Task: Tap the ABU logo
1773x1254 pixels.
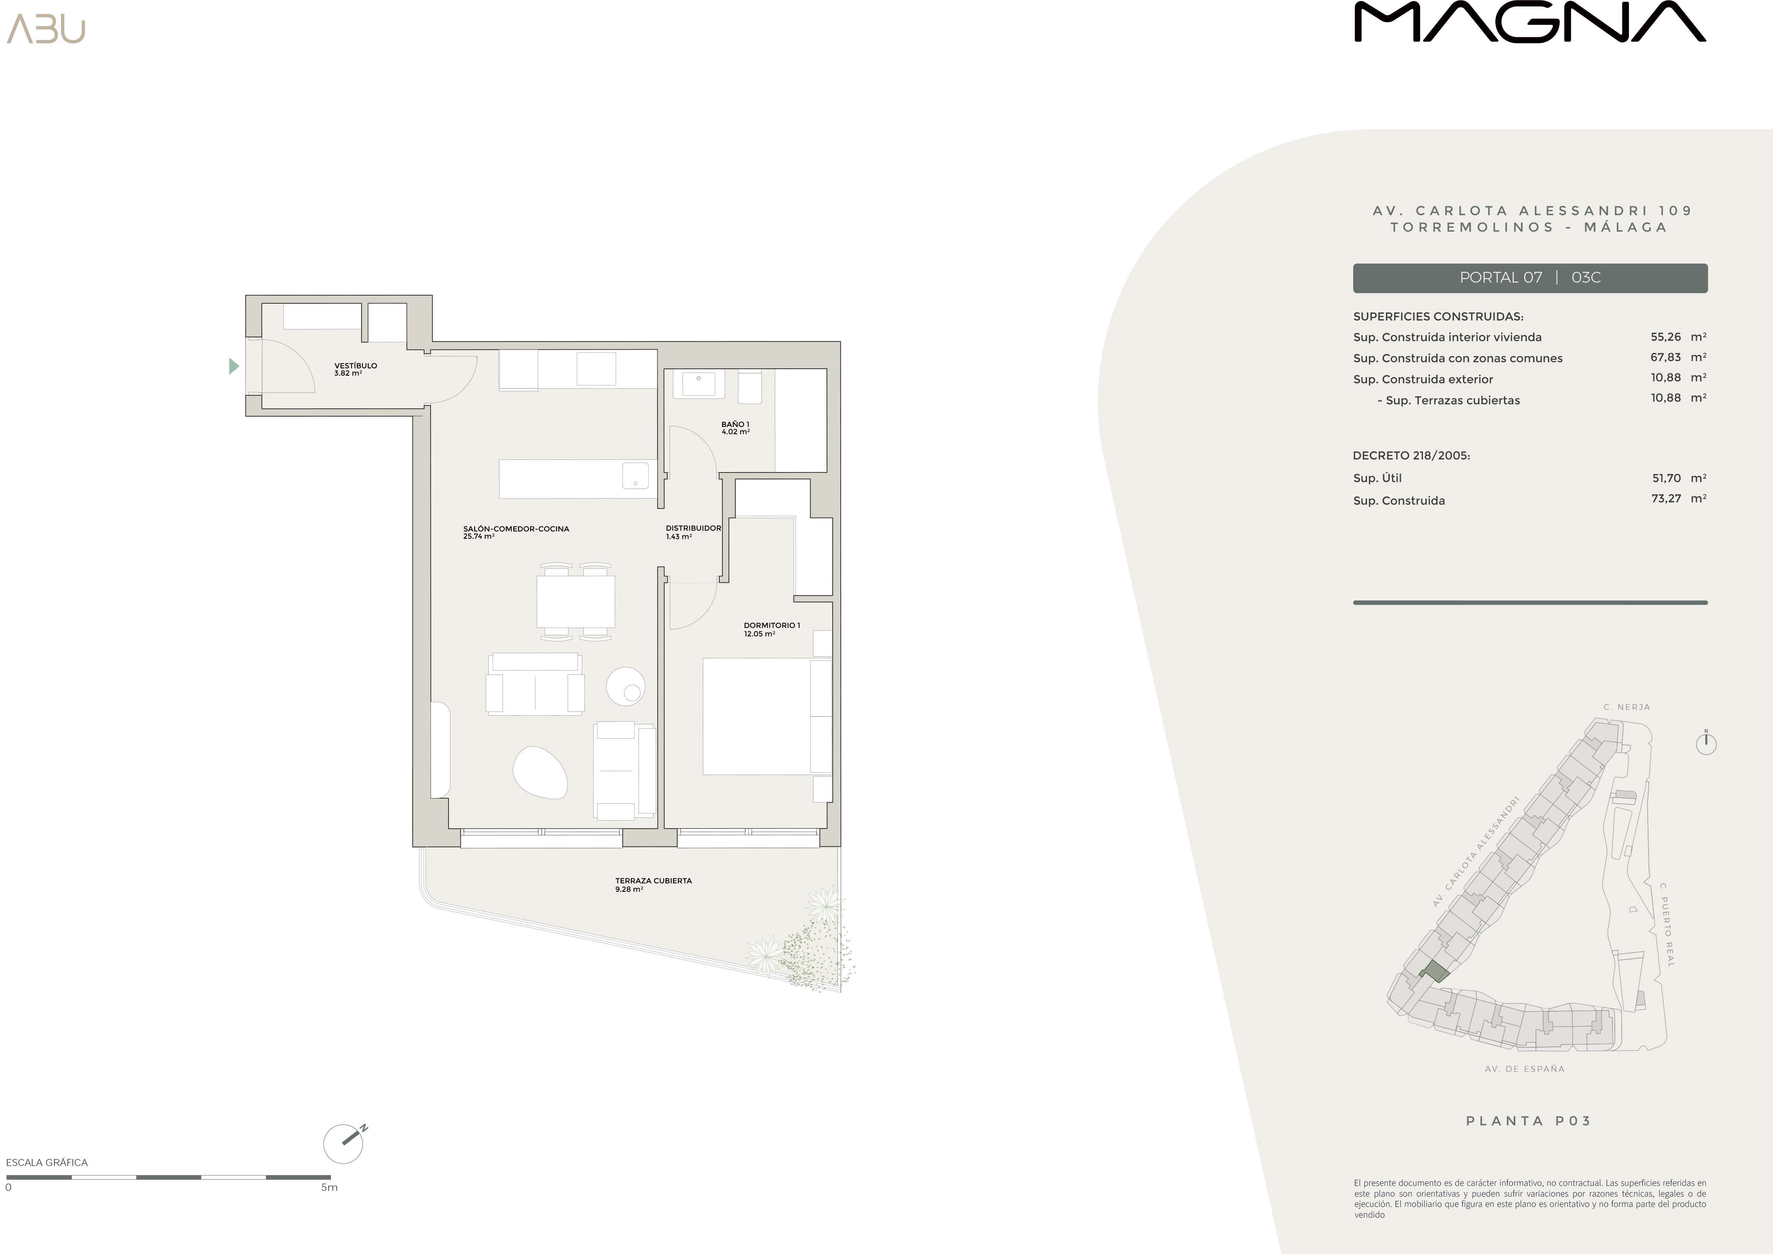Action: (x=46, y=29)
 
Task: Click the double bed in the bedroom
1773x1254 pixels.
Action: (x=767, y=716)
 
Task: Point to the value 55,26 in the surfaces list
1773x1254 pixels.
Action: (x=1666, y=337)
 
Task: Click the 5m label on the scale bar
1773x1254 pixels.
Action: (x=330, y=1187)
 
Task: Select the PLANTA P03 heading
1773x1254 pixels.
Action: (x=1529, y=1120)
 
